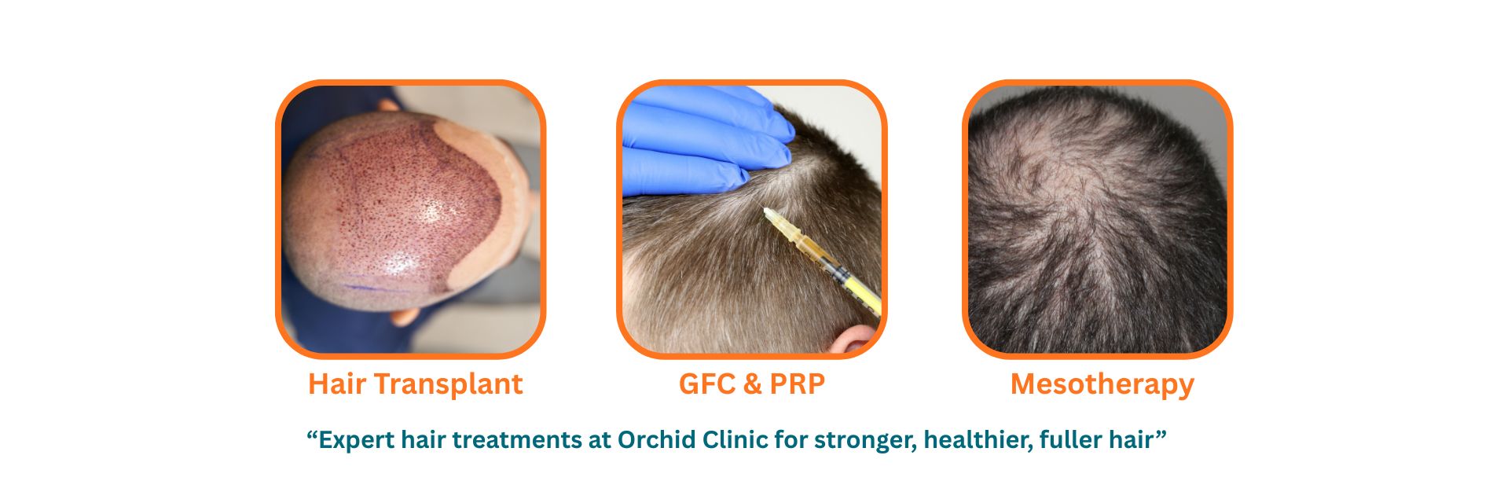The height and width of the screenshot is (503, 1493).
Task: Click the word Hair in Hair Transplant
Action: (x=337, y=384)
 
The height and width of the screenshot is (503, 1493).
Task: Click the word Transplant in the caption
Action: (x=449, y=385)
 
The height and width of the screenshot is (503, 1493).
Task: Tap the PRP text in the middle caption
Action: (x=798, y=384)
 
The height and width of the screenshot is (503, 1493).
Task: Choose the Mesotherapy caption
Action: (x=1102, y=385)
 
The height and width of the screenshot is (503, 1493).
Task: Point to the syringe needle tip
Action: (x=764, y=209)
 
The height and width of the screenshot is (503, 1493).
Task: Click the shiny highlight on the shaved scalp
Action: (x=429, y=212)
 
